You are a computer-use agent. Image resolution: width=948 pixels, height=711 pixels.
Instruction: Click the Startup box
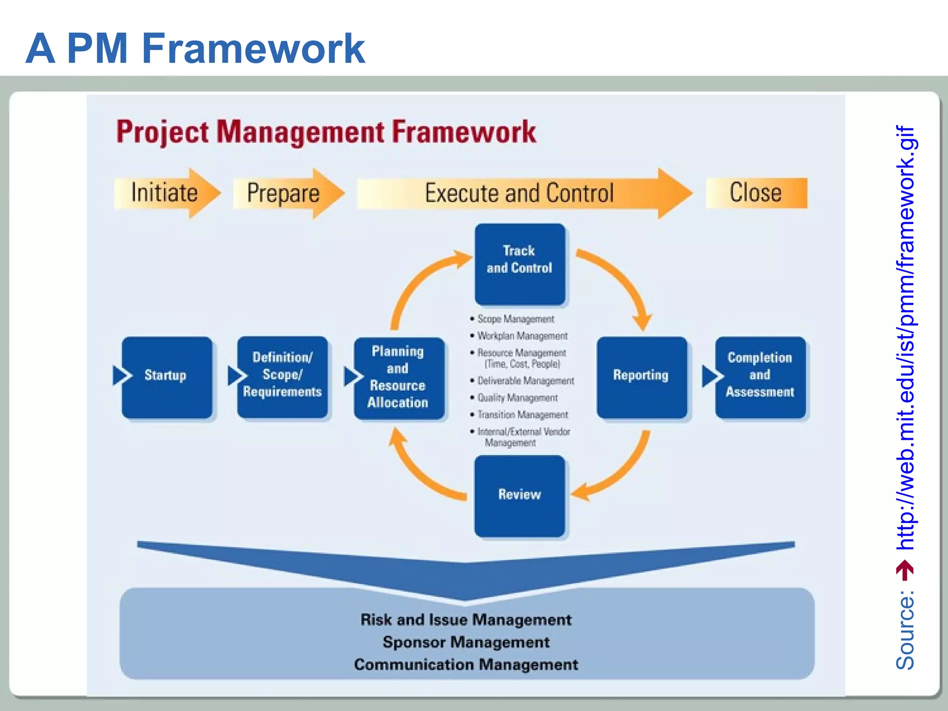click(167, 377)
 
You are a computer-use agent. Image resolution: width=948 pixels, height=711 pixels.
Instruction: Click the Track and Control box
click(519, 264)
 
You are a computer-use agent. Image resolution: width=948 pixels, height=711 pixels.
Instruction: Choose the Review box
click(519, 495)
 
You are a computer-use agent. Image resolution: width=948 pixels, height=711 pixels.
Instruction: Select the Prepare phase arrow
click(287, 193)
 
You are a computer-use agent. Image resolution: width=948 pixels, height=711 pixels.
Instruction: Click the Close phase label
click(756, 193)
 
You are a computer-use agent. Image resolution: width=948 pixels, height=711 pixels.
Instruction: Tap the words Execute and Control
click(519, 193)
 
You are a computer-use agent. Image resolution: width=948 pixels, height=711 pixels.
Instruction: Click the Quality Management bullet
click(517, 398)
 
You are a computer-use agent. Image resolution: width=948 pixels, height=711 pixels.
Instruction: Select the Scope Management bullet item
click(515, 319)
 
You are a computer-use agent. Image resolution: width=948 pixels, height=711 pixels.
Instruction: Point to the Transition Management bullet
click(523, 415)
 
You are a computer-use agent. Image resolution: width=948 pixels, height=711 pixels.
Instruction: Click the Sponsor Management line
click(466, 642)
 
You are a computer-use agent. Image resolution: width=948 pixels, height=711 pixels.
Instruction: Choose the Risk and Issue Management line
click(466, 620)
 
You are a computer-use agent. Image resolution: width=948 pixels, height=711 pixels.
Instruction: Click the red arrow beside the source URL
click(905, 570)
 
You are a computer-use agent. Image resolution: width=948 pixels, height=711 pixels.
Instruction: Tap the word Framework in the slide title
click(253, 49)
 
